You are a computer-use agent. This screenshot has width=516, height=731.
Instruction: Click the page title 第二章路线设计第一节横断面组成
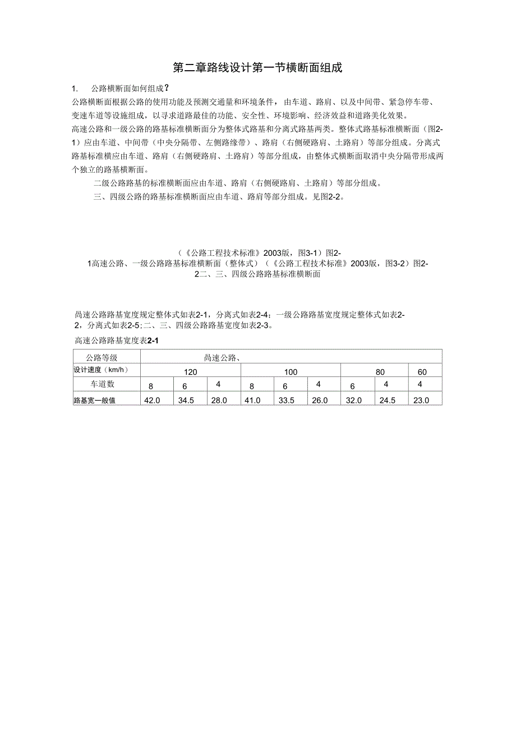pyautogui.click(x=257, y=68)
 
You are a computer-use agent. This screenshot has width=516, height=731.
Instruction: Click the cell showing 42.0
pyautogui.click(x=153, y=401)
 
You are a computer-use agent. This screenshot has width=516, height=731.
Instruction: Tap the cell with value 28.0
pyautogui.click(x=219, y=401)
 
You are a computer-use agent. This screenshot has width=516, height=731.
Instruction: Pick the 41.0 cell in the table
pyautogui.click(x=253, y=401)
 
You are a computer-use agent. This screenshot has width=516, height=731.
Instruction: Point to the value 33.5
pyautogui.click(x=286, y=401)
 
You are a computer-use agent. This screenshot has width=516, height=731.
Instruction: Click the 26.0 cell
pyautogui.click(x=320, y=401)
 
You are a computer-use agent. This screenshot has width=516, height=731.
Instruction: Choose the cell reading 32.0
pyautogui.click(x=353, y=401)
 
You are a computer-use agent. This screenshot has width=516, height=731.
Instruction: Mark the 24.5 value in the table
pyautogui.click(x=387, y=401)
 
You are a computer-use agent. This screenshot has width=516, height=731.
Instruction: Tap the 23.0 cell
pyautogui.click(x=421, y=401)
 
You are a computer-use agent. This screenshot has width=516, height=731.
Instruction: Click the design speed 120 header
pyautogui.click(x=191, y=372)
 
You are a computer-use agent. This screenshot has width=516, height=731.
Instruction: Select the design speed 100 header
pyautogui.click(x=291, y=372)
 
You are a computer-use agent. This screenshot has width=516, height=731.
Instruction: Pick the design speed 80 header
pyautogui.click(x=380, y=372)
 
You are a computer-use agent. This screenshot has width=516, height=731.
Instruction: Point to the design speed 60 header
pyautogui.click(x=422, y=372)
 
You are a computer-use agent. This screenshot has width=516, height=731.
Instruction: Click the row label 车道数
pyautogui.click(x=103, y=384)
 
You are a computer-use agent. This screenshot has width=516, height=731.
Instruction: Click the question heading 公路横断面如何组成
pyautogui.click(x=130, y=89)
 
